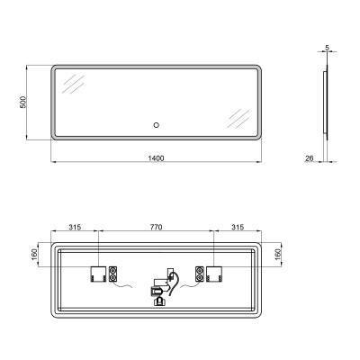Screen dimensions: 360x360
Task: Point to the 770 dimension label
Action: tap(155, 228)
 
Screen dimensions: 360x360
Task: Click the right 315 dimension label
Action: tap(236, 228)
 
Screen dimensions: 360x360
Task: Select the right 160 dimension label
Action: tap(278, 256)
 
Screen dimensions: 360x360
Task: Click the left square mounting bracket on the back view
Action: tap(97, 273)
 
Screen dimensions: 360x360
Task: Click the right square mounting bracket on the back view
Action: tap(213, 273)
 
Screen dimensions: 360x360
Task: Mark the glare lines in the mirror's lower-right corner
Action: tap(238, 118)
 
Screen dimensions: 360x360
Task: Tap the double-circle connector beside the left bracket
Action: tap(113, 273)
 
